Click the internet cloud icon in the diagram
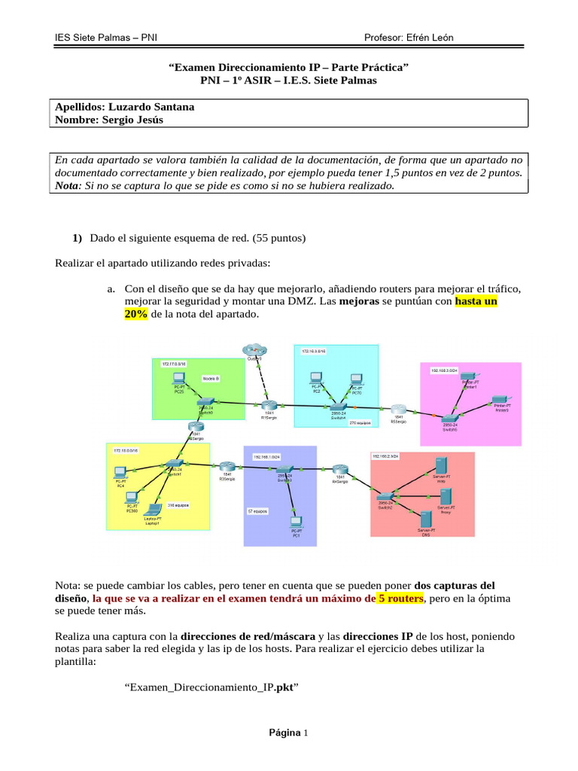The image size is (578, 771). click(x=254, y=350)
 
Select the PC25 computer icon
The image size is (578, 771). click(x=179, y=378)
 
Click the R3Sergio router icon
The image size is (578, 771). click(x=227, y=468)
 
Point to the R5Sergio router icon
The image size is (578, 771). click(x=398, y=412)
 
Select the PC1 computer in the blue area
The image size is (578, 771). click(x=297, y=520)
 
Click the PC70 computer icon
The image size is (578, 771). click(x=357, y=379)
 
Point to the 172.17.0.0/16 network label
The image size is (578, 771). click(x=174, y=363)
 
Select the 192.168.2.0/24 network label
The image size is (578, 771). click(x=385, y=456)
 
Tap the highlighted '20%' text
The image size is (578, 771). click(x=135, y=314)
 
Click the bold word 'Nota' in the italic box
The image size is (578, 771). click(x=69, y=185)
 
